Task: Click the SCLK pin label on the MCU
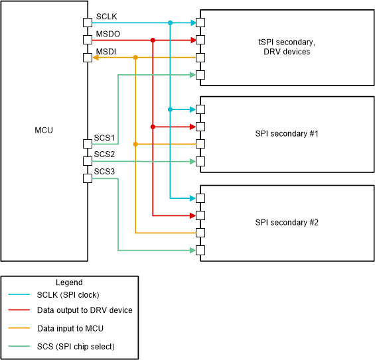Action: pyautogui.click(x=106, y=16)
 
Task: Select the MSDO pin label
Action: pyautogui.click(x=107, y=34)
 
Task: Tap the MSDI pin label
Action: pyautogui.click(x=106, y=51)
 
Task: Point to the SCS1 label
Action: pyautogui.click(x=104, y=138)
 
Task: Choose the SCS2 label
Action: pyautogui.click(x=104, y=154)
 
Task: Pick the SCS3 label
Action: pyautogui.click(x=104, y=172)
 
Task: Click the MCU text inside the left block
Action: pyautogui.click(x=44, y=131)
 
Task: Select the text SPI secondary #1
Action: pyautogui.click(x=287, y=134)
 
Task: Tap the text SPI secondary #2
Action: pyautogui.click(x=287, y=222)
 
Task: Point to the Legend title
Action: pyautogui.click(x=69, y=282)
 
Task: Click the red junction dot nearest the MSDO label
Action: pyautogui.click(x=153, y=40)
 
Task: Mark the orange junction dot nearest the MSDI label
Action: pyautogui.click(x=135, y=58)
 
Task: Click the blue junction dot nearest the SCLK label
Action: pyautogui.click(x=171, y=23)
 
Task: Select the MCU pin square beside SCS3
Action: pyautogui.click(x=88, y=178)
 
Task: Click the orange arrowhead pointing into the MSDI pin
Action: pyautogui.click(x=96, y=58)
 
